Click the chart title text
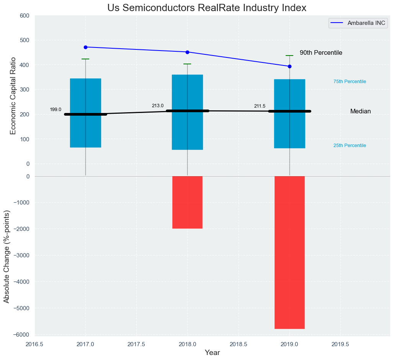(x=207, y=8)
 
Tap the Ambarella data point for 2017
(x=85, y=47)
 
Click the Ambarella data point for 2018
(x=187, y=52)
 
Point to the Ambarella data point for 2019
(x=289, y=66)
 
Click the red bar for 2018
(x=187, y=202)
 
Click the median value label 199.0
(x=56, y=110)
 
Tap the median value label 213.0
(x=157, y=106)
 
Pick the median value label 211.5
(x=260, y=106)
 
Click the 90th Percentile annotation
(x=321, y=53)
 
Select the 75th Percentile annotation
(x=350, y=82)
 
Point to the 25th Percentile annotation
(x=350, y=146)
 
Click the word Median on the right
(x=360, y=111)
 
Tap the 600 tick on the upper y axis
(x=25, y=16)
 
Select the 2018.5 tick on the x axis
(x=238, y=344)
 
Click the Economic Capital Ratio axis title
(x=13, y=95)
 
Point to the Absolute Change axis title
(x=7, y=257)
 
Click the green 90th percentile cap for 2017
(x=85, y=59)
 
